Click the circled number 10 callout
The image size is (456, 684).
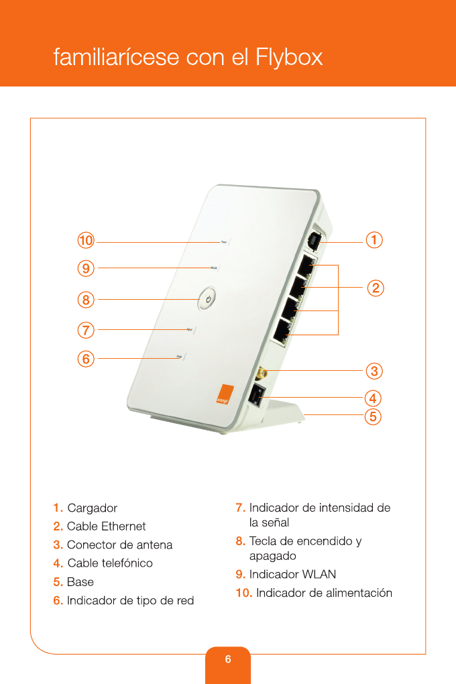85,240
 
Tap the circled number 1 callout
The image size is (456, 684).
374,240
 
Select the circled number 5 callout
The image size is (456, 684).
374,416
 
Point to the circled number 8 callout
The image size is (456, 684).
85,300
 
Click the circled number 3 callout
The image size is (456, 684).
374,370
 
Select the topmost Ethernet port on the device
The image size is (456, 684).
308,266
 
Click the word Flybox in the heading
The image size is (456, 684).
289,58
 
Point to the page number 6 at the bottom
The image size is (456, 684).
228,660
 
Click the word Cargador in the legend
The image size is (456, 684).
93,508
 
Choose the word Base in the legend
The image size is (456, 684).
80,582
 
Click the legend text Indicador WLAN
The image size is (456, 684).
292,575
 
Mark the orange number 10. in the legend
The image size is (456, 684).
244,593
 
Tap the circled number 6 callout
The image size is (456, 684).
85,359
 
